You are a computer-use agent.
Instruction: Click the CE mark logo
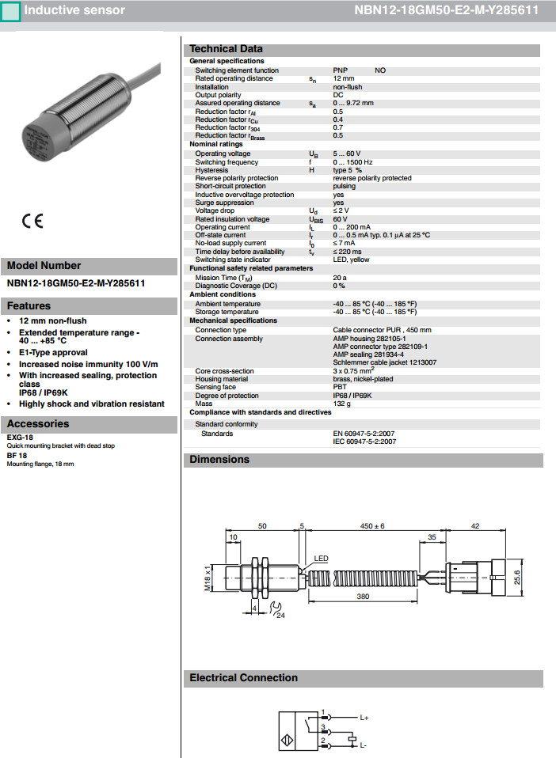[32, 221]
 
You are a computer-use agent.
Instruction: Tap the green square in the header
[11, 10]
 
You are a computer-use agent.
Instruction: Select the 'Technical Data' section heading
[226, 49]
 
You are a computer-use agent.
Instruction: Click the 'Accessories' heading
[38, 424]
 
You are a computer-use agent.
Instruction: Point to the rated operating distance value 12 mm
[343, 78]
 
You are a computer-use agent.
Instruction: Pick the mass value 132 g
[342, 404]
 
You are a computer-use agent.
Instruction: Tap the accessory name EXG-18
[20, 438]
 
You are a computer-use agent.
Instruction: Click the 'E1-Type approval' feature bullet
[53, 353]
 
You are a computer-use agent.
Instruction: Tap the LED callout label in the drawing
[321, 558]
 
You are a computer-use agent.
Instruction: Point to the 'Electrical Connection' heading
[243, 678]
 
